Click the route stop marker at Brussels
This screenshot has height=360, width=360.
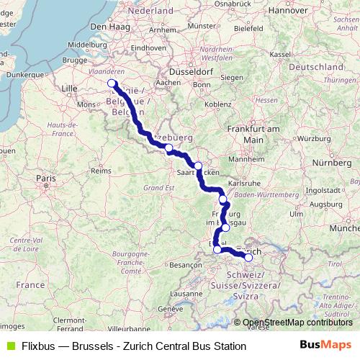[112, 84]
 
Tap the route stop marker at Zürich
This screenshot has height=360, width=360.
[248, 257]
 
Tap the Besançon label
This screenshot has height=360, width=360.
[186, 265]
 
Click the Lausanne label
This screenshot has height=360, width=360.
[187, 294]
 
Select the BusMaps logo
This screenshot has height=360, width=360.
[325, 346]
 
